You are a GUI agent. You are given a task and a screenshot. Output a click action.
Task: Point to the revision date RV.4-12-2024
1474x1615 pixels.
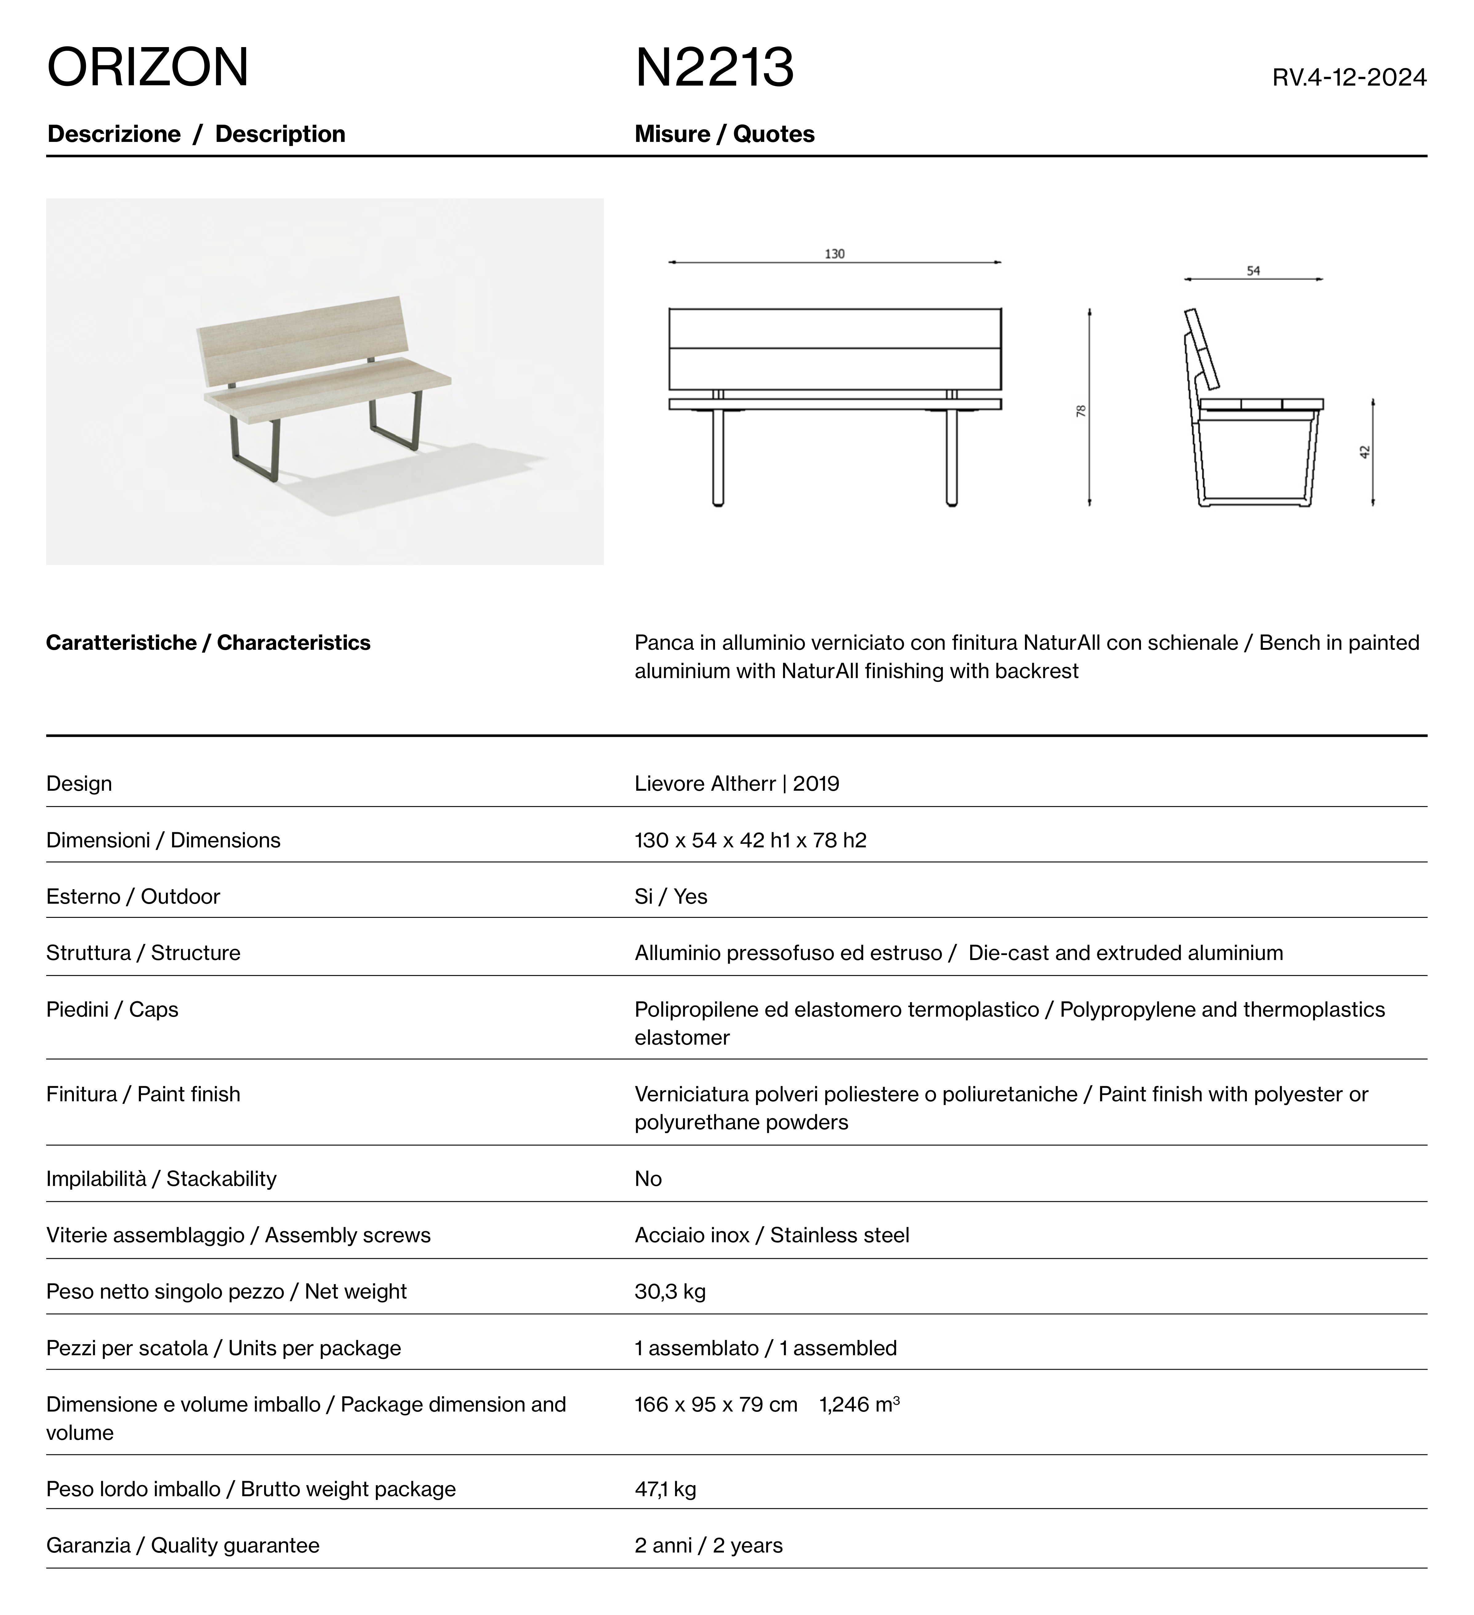coord(1349,78)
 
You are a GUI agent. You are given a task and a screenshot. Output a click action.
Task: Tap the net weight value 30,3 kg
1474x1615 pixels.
coord(670,1292)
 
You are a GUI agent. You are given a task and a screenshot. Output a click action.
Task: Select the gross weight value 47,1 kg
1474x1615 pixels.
coord(665,1489)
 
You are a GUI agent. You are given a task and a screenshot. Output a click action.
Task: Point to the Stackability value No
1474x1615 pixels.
coord(648,1179)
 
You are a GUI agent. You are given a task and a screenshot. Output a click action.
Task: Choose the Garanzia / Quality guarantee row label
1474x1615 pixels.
coord(183,1545)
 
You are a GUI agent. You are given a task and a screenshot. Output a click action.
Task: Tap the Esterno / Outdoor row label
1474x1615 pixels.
coord(133,896)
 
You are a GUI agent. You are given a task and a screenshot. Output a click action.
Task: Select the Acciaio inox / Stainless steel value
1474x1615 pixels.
coord(771,1235)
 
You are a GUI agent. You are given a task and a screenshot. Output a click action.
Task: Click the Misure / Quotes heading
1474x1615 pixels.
coord(724,134)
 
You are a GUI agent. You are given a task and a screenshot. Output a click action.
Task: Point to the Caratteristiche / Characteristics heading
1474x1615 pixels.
coord(208,642)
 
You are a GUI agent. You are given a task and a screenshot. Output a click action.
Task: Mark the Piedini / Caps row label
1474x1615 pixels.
coord(112,1009)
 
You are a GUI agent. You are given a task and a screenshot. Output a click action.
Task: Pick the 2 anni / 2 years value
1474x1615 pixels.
coord(708,1545)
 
